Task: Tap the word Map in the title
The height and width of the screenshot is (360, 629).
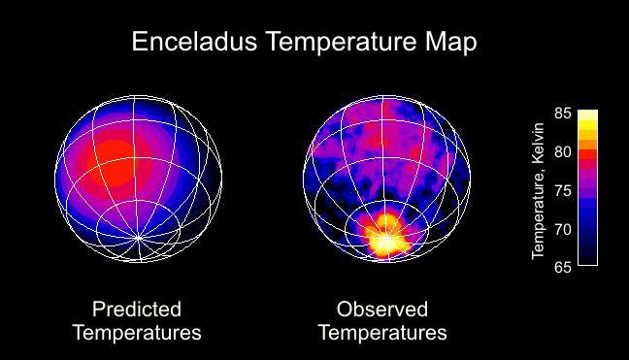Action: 448,43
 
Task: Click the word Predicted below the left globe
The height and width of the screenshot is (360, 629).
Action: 137,310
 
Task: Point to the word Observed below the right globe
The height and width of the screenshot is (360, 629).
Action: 381,310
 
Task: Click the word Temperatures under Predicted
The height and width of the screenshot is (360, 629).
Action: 137,333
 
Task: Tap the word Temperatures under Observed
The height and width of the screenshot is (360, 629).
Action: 382,333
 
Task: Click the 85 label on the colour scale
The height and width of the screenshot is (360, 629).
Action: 561,114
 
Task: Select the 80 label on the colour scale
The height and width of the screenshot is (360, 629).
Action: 561,152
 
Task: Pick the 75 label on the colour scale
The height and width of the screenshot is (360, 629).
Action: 561,190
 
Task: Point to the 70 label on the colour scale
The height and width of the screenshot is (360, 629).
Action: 561,229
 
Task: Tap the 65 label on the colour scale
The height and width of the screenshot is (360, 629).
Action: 561,267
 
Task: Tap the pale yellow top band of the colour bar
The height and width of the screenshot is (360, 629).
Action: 587,115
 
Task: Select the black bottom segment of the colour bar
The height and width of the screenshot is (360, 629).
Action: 587,257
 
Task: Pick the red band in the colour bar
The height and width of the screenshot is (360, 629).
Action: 587,155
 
